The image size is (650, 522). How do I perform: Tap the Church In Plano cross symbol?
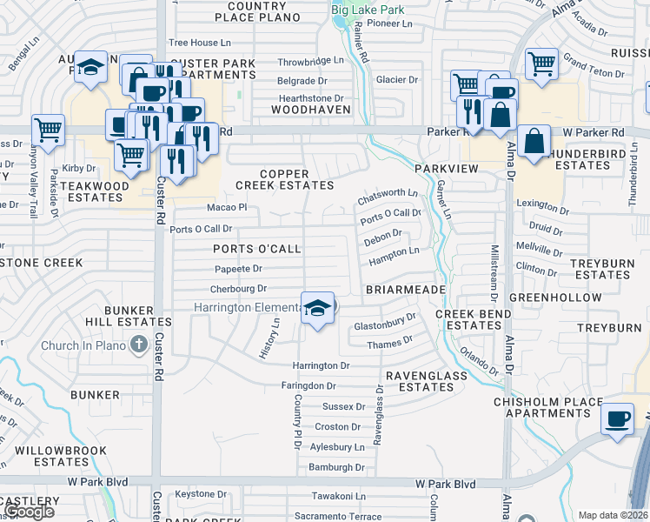pyautogui.click(x=137, y=345)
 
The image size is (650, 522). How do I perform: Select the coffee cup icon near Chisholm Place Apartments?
pyautogui.click(x=618, y=418)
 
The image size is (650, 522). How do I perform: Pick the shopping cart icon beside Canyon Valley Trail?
pyautogui.click(x=48, y=130)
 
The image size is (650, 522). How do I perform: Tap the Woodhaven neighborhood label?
pyautogui.click(x=310, y=110)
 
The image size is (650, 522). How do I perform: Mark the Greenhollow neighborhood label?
pyautogui.click(x=555, y=298)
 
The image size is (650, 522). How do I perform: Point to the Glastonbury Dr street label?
pyautogui.click(x=386, y=325)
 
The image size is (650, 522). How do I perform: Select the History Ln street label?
pyautogui.click(x=269, y=338)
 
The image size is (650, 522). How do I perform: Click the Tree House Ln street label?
pyautogui.click(x=200, y=42)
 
